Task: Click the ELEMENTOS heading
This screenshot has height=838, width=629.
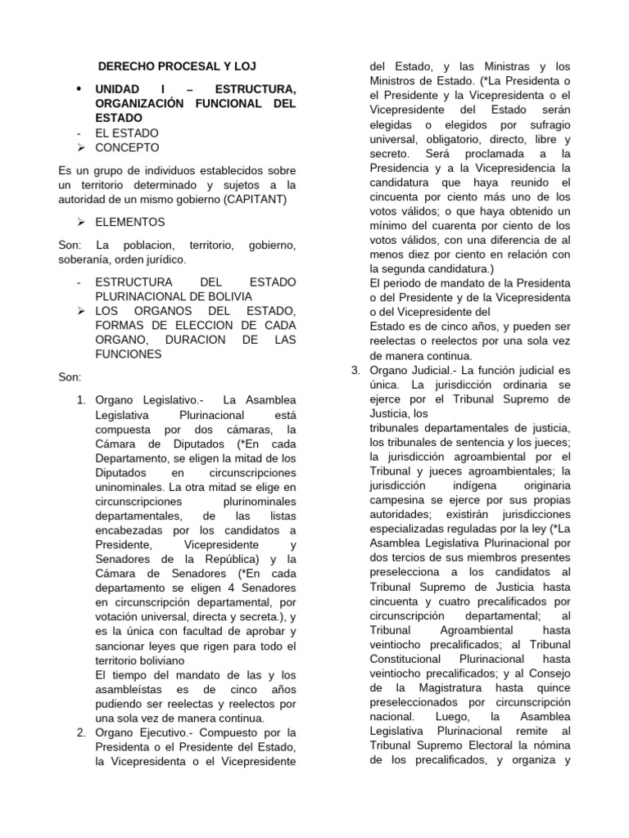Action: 129,222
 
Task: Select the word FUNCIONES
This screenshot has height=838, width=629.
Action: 129,354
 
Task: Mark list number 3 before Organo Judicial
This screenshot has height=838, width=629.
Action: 355,370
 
